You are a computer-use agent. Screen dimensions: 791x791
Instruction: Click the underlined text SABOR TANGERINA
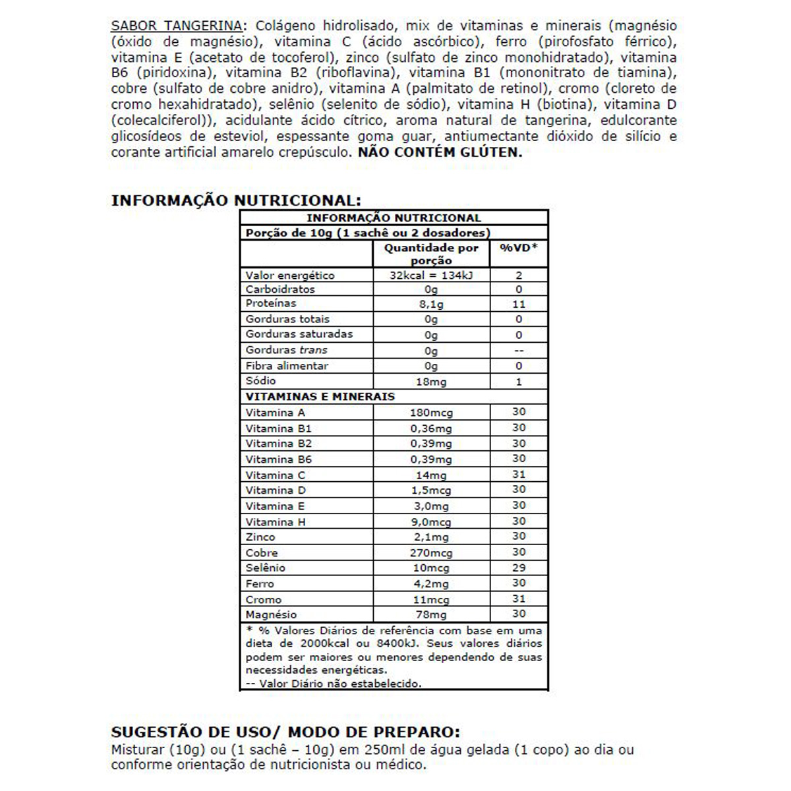(x=176, y=26)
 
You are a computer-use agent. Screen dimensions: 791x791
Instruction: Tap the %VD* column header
(x=519, y=248)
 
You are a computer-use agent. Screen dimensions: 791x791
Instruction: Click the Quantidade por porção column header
(x=431, y=254)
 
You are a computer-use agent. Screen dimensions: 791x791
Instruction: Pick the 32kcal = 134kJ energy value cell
(x=431, y=276)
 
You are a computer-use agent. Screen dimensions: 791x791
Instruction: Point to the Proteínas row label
(x=271, y=303)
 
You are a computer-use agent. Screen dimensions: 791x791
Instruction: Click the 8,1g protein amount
(x=431, y=304)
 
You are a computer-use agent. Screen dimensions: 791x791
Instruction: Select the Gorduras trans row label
(x=286, y=350)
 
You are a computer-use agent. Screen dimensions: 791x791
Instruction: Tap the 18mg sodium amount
(x=431, y=382)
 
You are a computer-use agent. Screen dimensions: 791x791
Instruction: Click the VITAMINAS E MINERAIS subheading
(x=320, y=397)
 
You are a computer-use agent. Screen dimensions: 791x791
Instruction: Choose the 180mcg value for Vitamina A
(x=431, y=413)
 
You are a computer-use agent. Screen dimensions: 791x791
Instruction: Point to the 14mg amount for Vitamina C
(x=431, y=475)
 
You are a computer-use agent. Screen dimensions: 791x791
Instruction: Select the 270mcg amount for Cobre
(x=431, y=553)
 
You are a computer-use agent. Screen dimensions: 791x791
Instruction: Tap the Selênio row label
(x=266, y=568)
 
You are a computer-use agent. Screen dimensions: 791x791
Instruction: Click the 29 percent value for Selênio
(x=519, y=568)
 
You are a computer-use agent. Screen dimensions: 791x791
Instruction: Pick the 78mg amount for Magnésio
(x=431, y=614)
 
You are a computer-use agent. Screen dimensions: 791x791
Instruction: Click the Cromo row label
(x=264, y=600)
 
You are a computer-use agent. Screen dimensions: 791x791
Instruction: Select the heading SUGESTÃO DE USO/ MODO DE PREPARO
(x=285, y=732)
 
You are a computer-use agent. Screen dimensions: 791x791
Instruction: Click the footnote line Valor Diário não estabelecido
(x=334, y=684)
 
